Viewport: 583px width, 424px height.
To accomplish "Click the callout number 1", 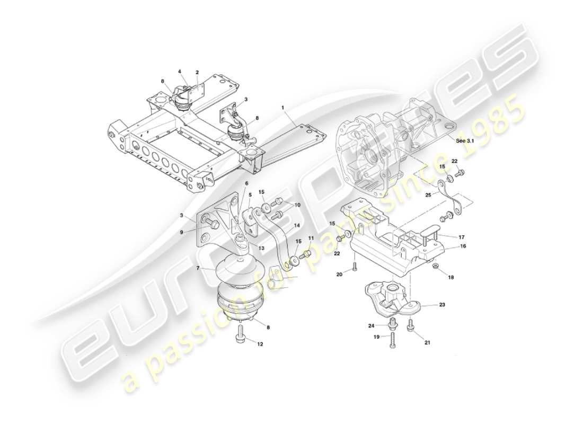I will click(x=283, y=108).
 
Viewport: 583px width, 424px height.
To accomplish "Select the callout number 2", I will click(x=197, y=72).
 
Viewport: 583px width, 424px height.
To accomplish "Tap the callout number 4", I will click(x=180, y=71).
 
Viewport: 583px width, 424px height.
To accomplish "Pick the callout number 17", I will click(x=462, y=236).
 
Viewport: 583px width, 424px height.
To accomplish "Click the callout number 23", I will click(x=442, y=305).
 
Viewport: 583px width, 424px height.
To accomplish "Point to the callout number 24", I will click(x=371, y=326).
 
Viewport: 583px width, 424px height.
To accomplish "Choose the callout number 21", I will click(x=427, y=342).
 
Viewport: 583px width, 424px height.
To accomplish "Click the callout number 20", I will click(x=340, y=274).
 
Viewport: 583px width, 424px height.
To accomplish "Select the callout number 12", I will click(x=260, y=344).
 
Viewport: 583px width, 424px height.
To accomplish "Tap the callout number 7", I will click(x=198, y=269).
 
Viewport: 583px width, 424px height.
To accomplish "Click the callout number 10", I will click(x=297, y=205).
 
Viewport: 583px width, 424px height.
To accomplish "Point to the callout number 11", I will click(x=311, y=239).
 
